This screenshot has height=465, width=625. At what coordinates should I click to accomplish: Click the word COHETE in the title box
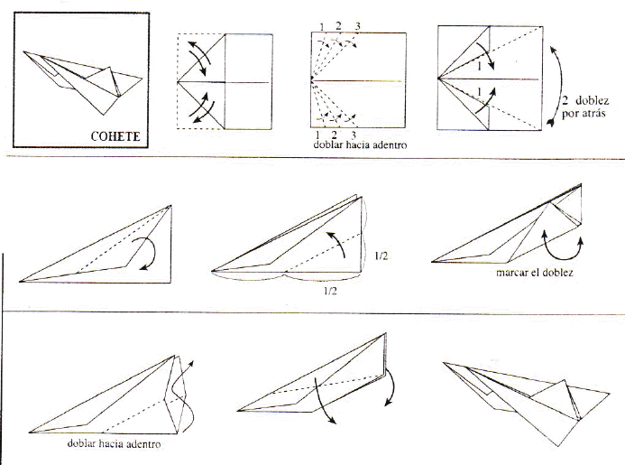tap(115, 136)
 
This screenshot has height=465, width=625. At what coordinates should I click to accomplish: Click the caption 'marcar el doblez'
tap(535, 273)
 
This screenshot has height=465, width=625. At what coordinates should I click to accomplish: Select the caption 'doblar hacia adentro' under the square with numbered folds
tap(360, 144)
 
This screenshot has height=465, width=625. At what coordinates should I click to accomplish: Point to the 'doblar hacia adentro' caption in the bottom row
tap(114, 444)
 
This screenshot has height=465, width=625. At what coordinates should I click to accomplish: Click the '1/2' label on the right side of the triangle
tap(381, 256)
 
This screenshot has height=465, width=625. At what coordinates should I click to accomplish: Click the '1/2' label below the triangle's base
tap(330, 291)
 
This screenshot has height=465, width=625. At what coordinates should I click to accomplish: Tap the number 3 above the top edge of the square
tap(357, 26)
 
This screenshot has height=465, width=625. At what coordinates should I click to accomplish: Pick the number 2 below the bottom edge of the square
tap(334, 135)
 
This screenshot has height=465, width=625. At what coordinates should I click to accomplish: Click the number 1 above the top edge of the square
tap(322, 27)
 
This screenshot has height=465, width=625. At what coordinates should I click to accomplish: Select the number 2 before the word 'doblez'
tap(565, 100)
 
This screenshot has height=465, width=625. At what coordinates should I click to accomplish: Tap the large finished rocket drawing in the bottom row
tap(526, 403)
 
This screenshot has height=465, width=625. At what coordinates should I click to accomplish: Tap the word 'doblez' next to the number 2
tap(592, 100)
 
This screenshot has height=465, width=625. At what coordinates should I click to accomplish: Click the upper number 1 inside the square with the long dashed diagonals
tap(480, 65)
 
